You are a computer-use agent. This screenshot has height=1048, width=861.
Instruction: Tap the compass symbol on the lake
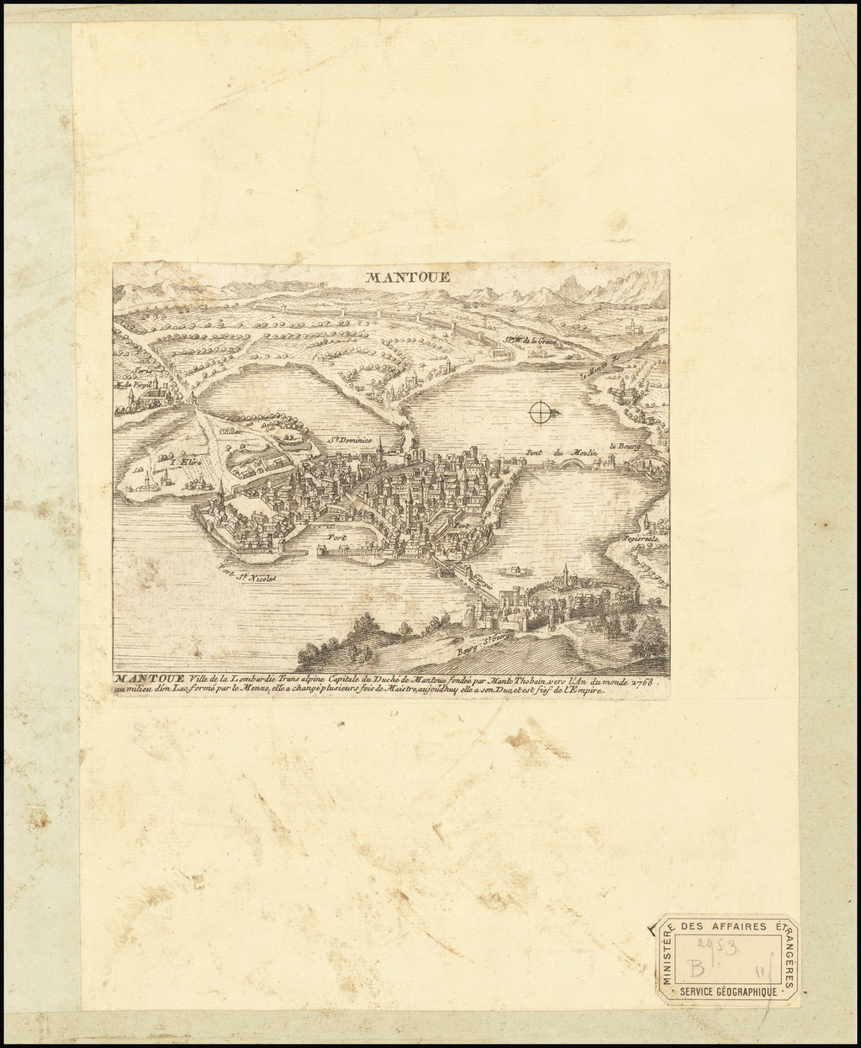pyautogui.click(x=542, y=411)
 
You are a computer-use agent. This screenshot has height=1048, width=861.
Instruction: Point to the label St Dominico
pyautogui.click(x=349, y=438)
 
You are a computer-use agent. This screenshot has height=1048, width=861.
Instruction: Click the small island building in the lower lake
pyautogui.click(x=508, y=571)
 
